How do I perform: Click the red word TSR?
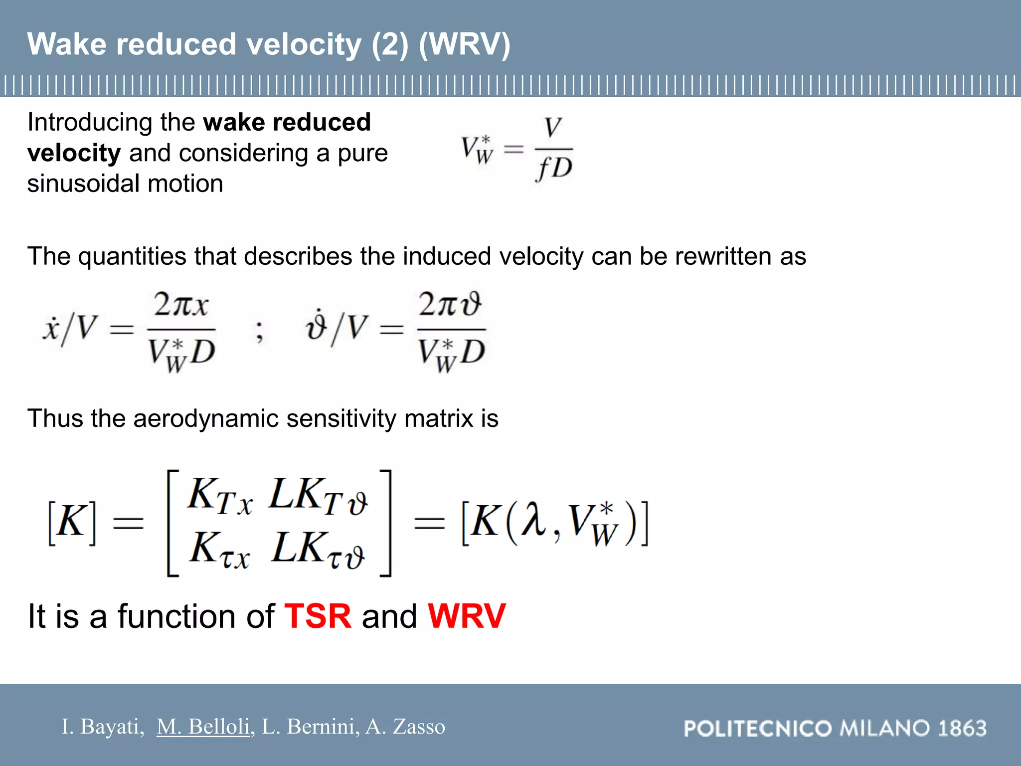pyautogui.click(x=318, y=616)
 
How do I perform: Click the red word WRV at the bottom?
pyautogui.click(x=467, y=616)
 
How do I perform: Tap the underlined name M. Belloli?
pyautogui.click(x=203, y=727)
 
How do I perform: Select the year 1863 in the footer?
pyautogui.click(x=962, y=729)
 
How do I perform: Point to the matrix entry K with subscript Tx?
pyautogui.click(x=220, y=496)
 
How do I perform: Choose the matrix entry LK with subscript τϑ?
pyautogui.click(x=318, y=550)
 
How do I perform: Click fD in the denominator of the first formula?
pyautogui.click(x=553, y=169)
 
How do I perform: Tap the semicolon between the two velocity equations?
pyautogui.click(x=259, y=331)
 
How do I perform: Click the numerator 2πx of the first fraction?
pyautogui.click(x=180, y=304)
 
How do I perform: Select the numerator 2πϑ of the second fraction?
pyautogui.click(x=450, y=304)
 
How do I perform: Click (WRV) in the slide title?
pyautogui.click(x=465, y=44)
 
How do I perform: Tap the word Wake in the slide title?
pyautogui.click(x=67, y=44)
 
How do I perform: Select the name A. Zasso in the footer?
pyautogui.click(x=405, y=727)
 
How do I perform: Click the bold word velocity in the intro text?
pyautogui.click(x=74, y=153)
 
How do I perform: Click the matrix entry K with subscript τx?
pyautogui.click(x=220, y=550)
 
